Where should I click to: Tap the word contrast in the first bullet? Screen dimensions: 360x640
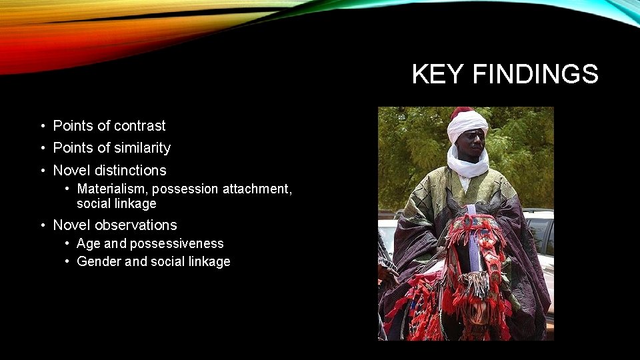[140, 125]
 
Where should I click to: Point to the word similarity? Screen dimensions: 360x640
[142, 147]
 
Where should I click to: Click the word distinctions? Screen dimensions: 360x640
[130, 170]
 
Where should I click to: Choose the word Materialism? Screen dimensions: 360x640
[113, 189]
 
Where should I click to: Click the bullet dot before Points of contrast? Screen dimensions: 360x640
[41, 126]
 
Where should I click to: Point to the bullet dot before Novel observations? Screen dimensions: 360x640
[41, 225]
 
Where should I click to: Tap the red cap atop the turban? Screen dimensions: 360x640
[461, 111]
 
